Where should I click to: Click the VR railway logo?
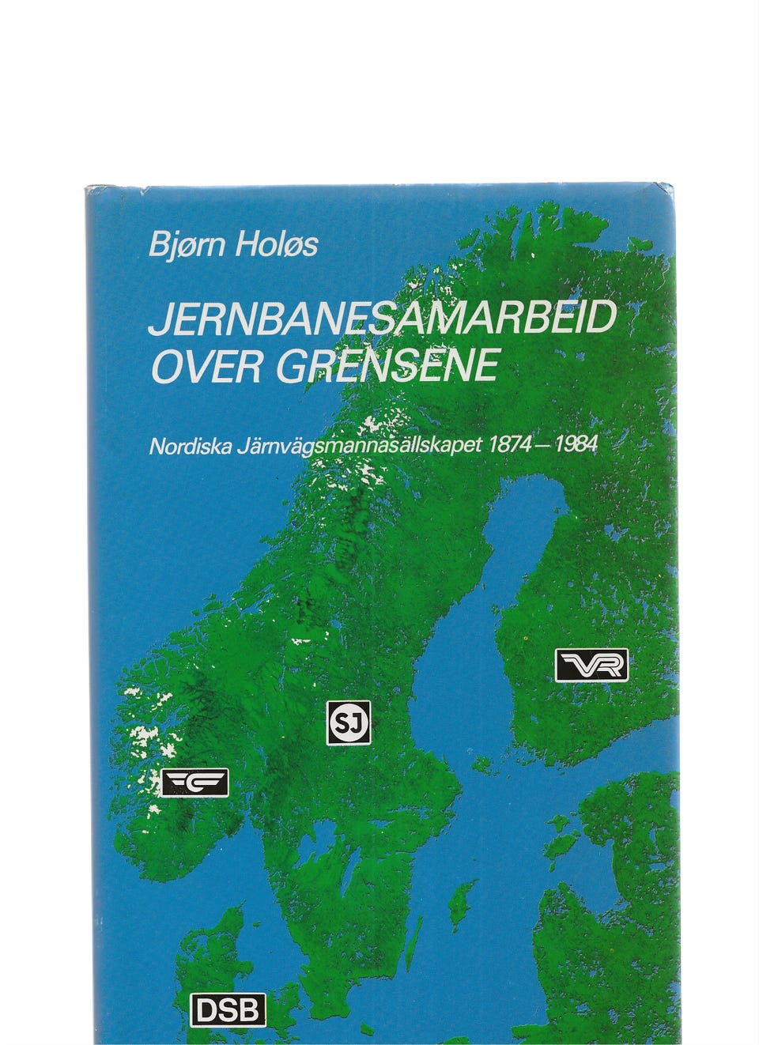pyautogui.click(x=591, y=665)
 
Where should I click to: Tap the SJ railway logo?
pyautogui.click(x=349, y=721)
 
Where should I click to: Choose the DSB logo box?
pyautogui.click(x=228, y=1009)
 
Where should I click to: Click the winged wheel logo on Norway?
pyautogui.click(x=194, y=782)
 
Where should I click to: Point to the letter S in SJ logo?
pyautogui.click(x=342, y=721)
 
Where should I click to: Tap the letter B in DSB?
pyautogui.click(x=250, y=1009)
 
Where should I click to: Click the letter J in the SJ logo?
pyautogui.click(x=356, y=721)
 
